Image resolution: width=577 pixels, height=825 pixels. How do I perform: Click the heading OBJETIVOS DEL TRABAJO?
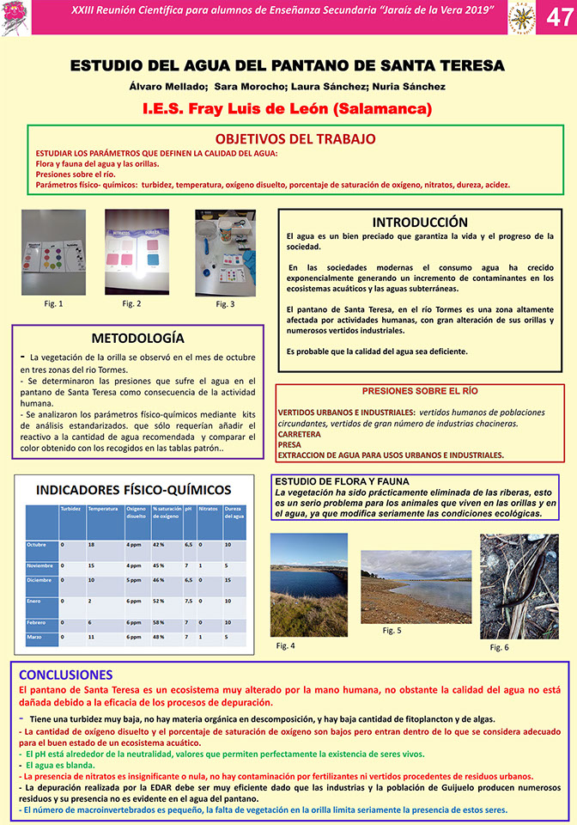point(295,138)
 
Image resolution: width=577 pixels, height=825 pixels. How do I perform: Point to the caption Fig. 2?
point(131,303)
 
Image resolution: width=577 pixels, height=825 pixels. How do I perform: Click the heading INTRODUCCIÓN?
point(420,222)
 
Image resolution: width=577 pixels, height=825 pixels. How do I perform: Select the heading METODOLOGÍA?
point(137,338)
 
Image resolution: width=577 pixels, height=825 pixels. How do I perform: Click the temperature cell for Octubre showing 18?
point(91,545)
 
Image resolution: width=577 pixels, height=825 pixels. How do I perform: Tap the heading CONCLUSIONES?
point(65,675)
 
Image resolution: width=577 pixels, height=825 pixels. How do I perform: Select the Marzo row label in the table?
point(36,637)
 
